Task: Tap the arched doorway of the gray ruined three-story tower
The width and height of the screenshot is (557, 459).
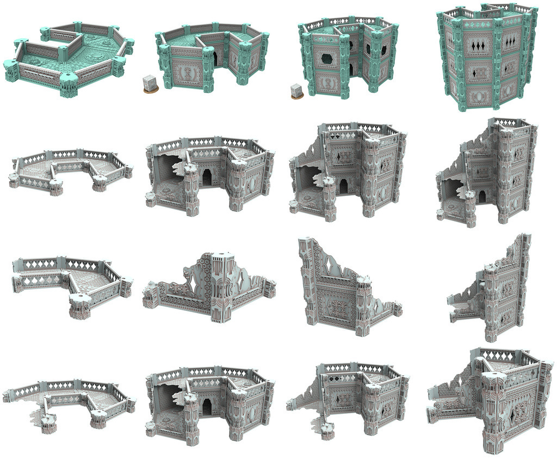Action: (x=482, y=197)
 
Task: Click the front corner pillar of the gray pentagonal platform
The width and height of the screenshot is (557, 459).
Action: (x=80, y=305)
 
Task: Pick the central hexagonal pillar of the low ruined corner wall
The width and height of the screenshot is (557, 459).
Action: (x=219, y=283)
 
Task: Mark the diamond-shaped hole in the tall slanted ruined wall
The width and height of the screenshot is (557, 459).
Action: (x=330, y=266)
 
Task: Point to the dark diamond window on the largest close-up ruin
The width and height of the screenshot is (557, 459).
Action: (x=514, y=414)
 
